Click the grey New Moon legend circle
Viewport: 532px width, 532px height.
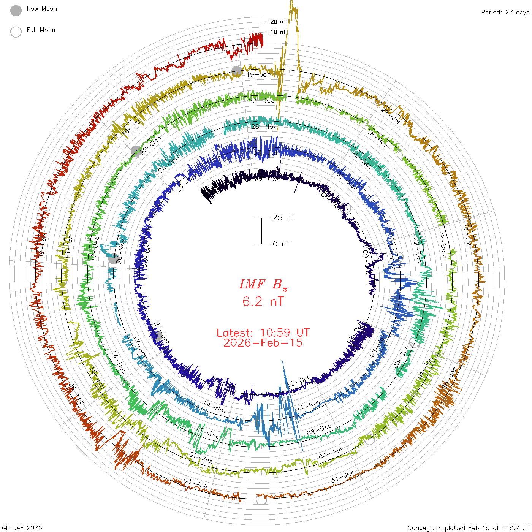[16, 11]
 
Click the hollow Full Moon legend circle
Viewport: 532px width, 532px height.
[16, 32]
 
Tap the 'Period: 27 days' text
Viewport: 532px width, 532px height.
[505, 13]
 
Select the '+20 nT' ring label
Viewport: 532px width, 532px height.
[276, 22]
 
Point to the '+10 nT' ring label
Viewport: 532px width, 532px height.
[276, 32]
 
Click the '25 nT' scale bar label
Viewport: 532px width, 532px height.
[283, 218]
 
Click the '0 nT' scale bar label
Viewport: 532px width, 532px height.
[281, 244]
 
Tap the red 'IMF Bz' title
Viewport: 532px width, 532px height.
[263, 284]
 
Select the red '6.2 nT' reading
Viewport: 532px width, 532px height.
[263, 302]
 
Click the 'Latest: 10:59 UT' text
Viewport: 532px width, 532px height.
[263, 333]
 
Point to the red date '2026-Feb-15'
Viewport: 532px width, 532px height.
[263, 343]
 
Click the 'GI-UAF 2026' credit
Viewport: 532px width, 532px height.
[22, 528]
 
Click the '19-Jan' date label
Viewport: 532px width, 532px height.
[259, 75]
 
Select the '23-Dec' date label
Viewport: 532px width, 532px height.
[261, 101]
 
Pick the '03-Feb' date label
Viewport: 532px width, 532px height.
[196, 484]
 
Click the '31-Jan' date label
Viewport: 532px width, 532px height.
[342, 477]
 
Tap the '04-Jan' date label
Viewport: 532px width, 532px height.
[330, 453]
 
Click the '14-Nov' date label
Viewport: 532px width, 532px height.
[215, 407]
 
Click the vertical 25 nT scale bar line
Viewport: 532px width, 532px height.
[261, 231]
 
